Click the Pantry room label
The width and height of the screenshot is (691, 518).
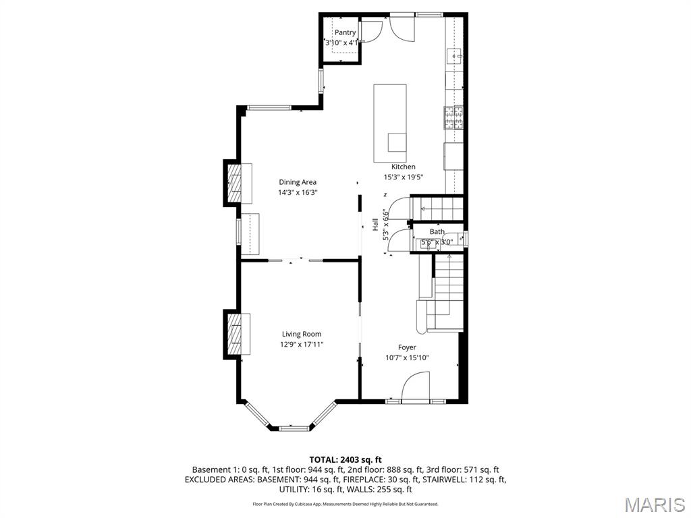click(345, 32)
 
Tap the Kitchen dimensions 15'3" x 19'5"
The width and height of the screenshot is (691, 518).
click(404, 177)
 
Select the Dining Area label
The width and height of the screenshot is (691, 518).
click(298, 182)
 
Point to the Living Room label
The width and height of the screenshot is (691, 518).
click(302, 334)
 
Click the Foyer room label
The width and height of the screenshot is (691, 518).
click(407, 347)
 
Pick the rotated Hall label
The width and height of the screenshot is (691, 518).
click(376, 225)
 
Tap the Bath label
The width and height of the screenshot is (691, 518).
click(437, 232)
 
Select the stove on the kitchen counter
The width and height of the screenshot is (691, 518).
click(453, 118)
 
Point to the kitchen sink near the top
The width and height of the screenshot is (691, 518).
click(453, 55)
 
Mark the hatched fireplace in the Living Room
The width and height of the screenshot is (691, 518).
click(235, 333)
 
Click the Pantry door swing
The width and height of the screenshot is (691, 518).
click(372, 31)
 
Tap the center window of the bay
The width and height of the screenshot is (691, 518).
click(291, 427)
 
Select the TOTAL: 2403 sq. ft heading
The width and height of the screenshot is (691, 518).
click(345, 460)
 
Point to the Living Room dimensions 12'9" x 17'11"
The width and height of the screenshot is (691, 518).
click(302, 345)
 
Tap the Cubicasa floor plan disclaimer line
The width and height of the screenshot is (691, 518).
click(345, 504)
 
